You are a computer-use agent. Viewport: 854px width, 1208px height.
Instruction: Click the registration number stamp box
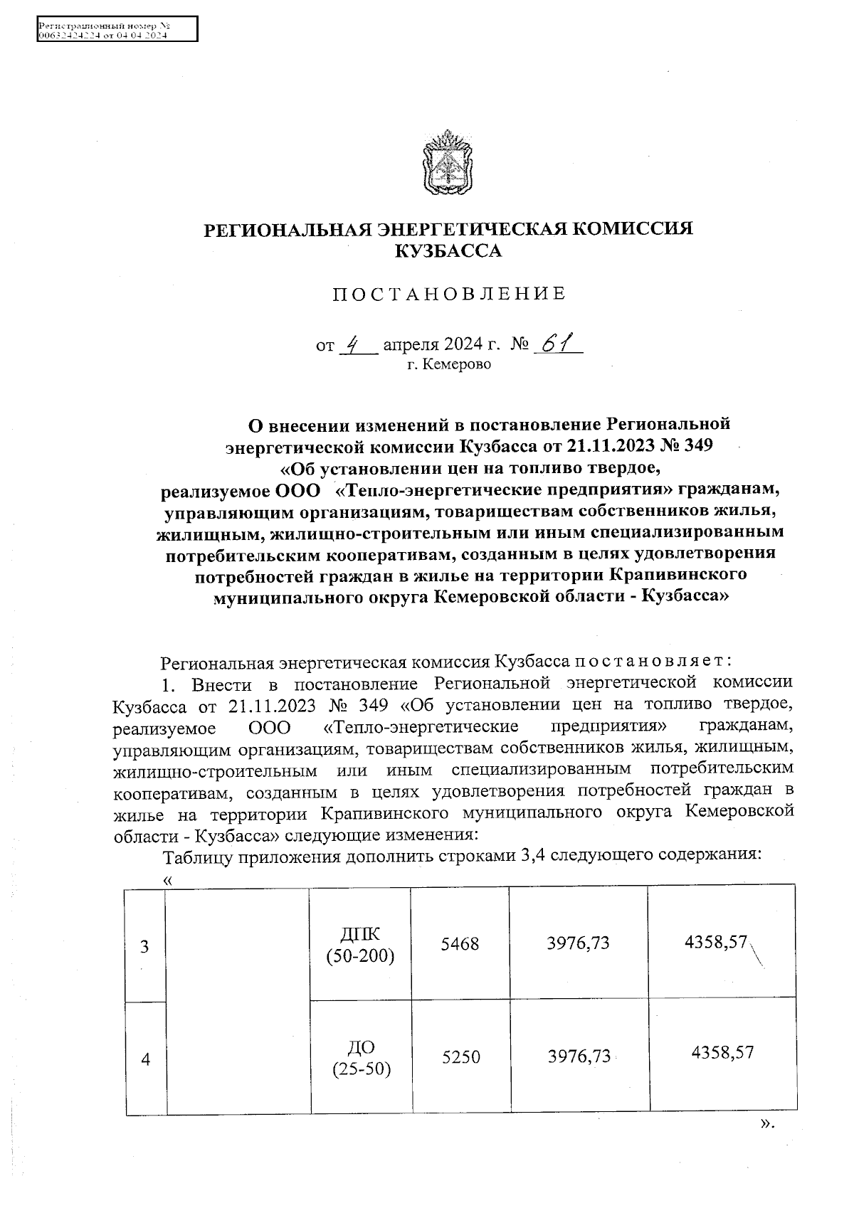[x=116, y=31]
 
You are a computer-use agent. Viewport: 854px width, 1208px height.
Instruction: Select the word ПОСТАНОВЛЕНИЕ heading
[x=449, y=294]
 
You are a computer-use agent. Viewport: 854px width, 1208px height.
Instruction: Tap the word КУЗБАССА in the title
[x=448, y=251]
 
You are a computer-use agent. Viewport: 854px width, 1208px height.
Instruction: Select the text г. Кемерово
[x=448, y=365]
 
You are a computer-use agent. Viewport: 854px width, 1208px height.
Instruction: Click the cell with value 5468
[x=460, y=944]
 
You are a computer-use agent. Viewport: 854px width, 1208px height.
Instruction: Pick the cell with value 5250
[x=461, y=1057]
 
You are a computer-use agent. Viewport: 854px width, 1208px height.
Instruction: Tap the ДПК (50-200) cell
[x=360, y=945]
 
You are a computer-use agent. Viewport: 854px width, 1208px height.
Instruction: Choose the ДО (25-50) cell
[x=362, y=1057]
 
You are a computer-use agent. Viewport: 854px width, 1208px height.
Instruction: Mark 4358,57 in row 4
[x=722, y=1052]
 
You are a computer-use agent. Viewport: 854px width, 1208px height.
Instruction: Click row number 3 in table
[x=145, y=947]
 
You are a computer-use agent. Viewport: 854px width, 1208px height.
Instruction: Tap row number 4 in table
[x=146, y=1059]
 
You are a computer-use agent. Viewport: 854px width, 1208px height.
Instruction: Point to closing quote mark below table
[x=766, y=1124]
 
